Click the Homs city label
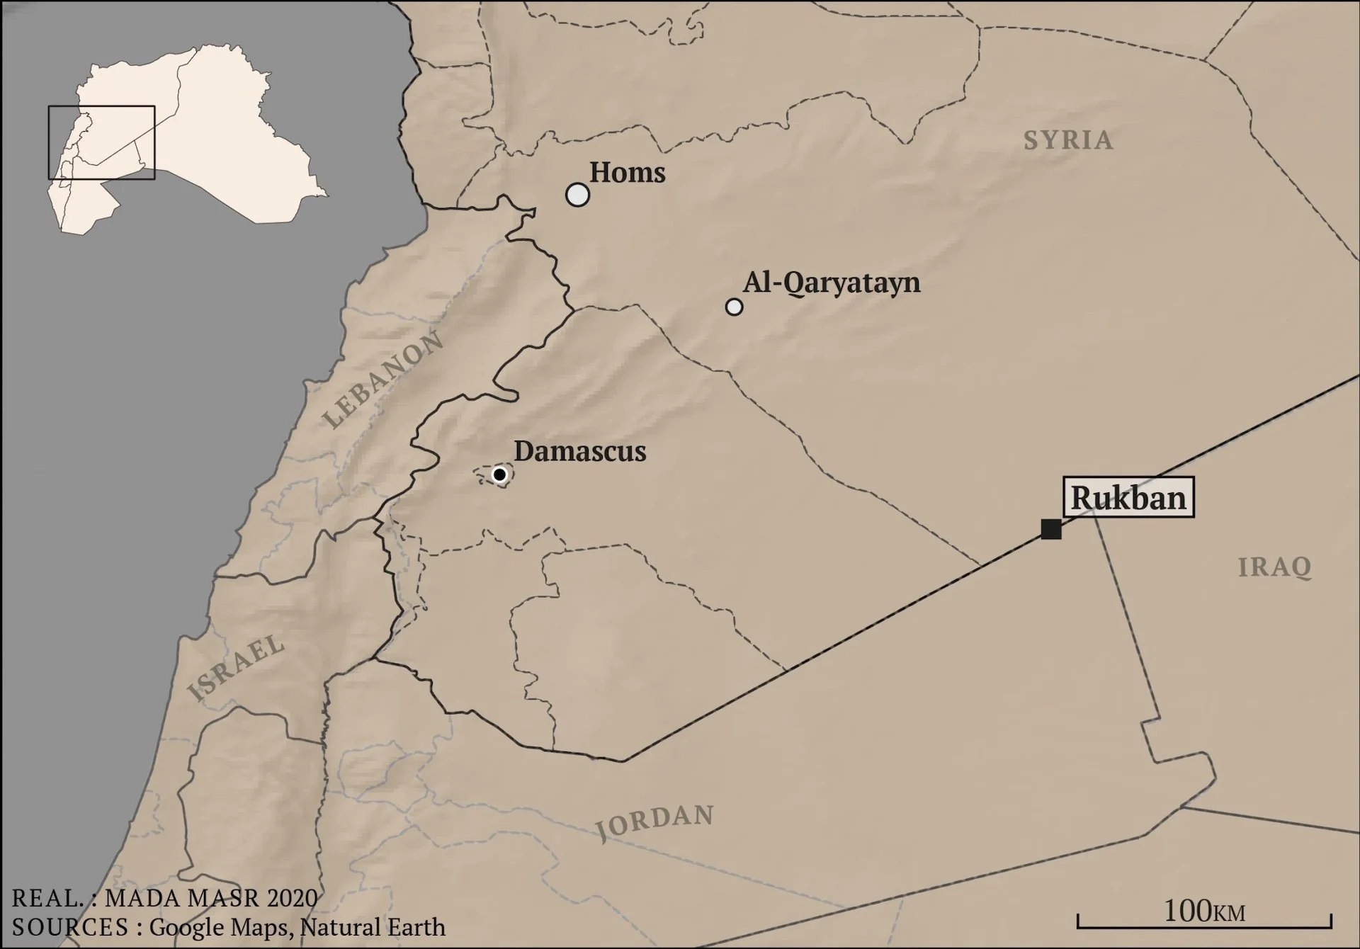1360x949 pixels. coord(627,173)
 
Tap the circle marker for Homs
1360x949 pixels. coord(578,195)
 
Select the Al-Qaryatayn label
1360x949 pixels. coord(832,283)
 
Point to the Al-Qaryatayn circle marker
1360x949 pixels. coord(735,307)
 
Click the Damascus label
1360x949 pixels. coord(580,451)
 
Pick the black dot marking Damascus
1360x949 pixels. coord(500,474)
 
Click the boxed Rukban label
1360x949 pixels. coord(1128,499)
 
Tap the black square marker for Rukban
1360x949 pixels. coord(1051,529)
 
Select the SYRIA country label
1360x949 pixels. coord(1068,140)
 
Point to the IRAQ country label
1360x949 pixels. coord(1274,567)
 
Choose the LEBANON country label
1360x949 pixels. coord(383,380)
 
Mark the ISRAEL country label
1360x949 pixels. coord(237,668)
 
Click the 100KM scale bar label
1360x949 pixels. coord(1204,911)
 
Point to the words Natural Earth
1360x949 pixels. coord(373,926)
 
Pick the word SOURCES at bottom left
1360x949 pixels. coord(69,926)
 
